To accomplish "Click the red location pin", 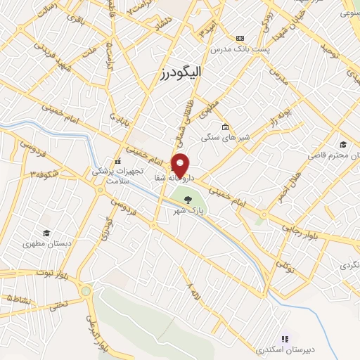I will click(x=181, y=165).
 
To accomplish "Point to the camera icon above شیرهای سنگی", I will click(x=224, y=127).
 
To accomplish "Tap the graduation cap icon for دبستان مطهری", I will click(x=46, y=233).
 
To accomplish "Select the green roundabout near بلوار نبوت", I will click(x=86, y=290).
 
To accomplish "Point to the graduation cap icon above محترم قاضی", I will click(x=342, y=143).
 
